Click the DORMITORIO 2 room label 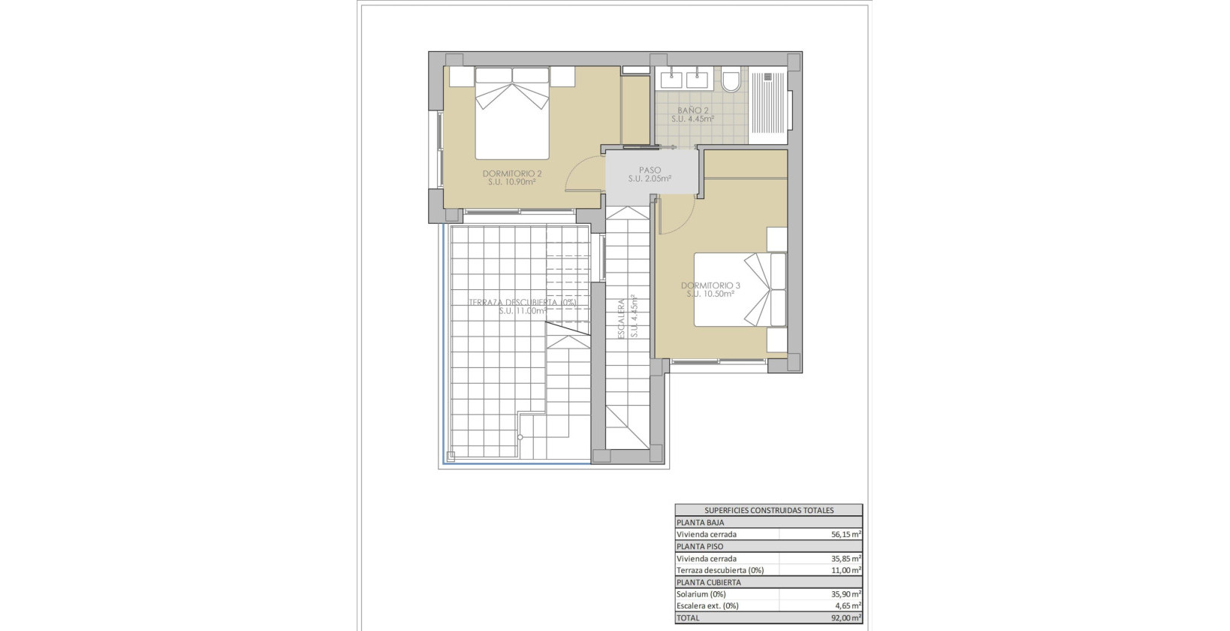point(512,173)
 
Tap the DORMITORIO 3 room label point(710,285)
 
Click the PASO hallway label point(650,171)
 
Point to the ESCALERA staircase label point(622,319)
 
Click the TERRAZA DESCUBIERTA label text point(522,302)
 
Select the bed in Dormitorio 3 point(740,289)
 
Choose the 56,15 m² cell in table point(846,534)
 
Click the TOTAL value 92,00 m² point(846,618)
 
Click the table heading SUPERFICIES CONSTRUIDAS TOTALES point(769,510)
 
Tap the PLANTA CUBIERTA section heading point(708,582)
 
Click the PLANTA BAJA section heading point(700,522)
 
